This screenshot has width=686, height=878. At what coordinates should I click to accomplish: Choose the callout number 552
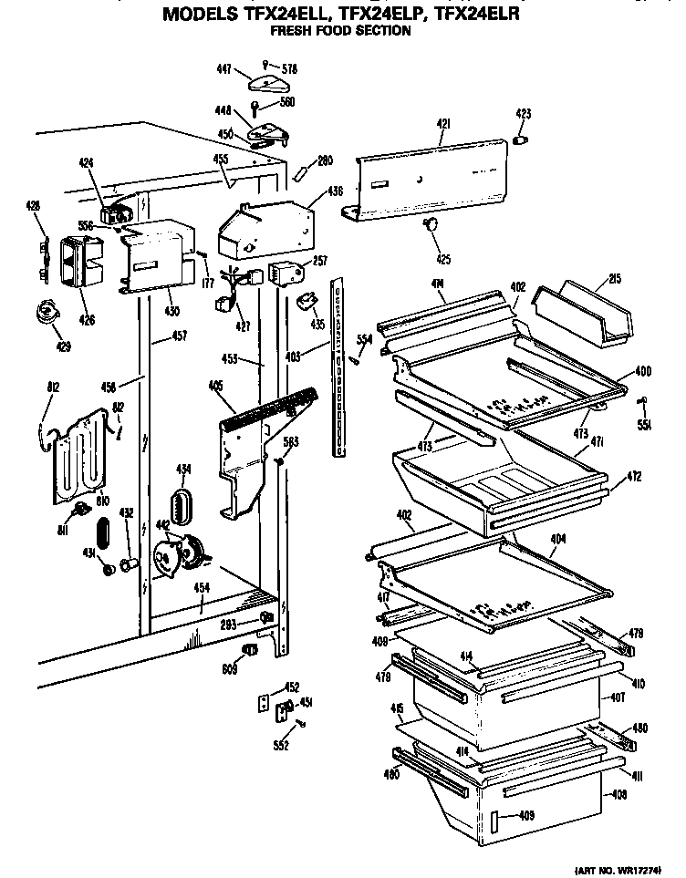282,745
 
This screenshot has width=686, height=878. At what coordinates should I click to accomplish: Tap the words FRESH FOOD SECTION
342,31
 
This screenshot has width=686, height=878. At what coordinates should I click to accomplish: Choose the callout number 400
643,372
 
